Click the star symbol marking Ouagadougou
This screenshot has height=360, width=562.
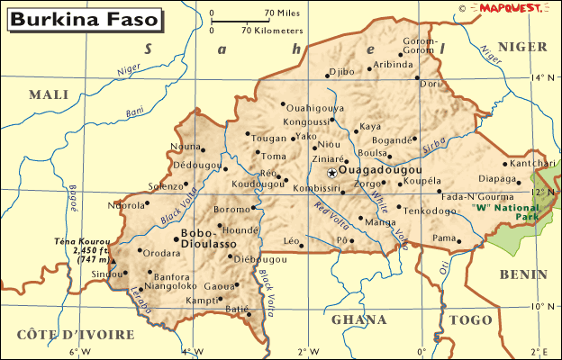point(332,172)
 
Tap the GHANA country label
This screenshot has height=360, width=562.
point(359,319)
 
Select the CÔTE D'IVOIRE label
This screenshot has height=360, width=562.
point(75,335)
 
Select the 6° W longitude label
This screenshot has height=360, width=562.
point(74,351)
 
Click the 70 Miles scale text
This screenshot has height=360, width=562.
point(281,13)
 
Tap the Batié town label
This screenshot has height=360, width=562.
point(236,310)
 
